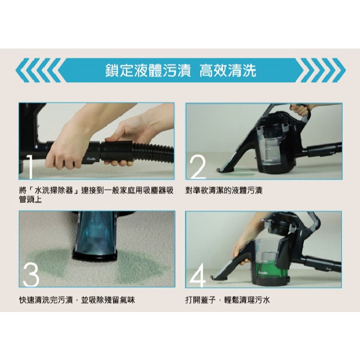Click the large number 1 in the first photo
pos(30,167)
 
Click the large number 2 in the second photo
pos(198,167)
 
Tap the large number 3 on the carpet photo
pos(31,275)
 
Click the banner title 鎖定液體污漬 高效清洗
pos(181,71)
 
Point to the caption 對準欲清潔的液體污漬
pos(224,190)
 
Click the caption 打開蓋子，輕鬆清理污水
pos(228,300)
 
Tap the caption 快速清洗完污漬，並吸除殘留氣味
pos(77,300)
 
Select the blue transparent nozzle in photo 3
pos(95,233)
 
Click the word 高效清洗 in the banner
pos(228,71)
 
